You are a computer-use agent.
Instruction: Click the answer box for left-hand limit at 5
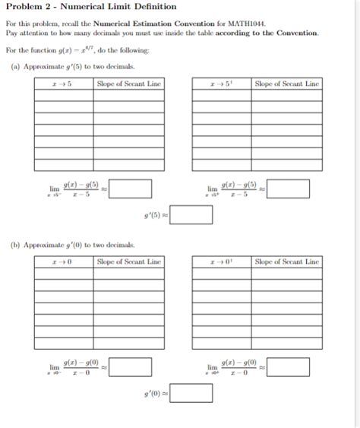[131, 189]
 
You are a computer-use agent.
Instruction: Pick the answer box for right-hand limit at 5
[288, 189]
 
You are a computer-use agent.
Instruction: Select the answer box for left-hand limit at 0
[131, 366]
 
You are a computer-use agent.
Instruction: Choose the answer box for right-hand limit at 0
[288, 366]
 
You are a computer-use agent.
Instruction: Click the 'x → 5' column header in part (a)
[64, 84]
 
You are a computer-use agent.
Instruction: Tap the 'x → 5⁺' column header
[222, 84]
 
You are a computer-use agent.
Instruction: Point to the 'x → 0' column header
[64, 262]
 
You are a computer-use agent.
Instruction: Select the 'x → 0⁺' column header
[222, 262]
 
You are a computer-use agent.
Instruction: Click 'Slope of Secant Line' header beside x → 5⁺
[287, 84]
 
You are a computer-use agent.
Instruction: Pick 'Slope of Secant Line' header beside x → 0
[130, 262]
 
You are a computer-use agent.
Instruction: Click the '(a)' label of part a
[16, 67]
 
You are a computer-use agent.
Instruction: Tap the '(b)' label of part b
[16, 245]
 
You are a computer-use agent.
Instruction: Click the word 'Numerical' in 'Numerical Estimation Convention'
[114, 24]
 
